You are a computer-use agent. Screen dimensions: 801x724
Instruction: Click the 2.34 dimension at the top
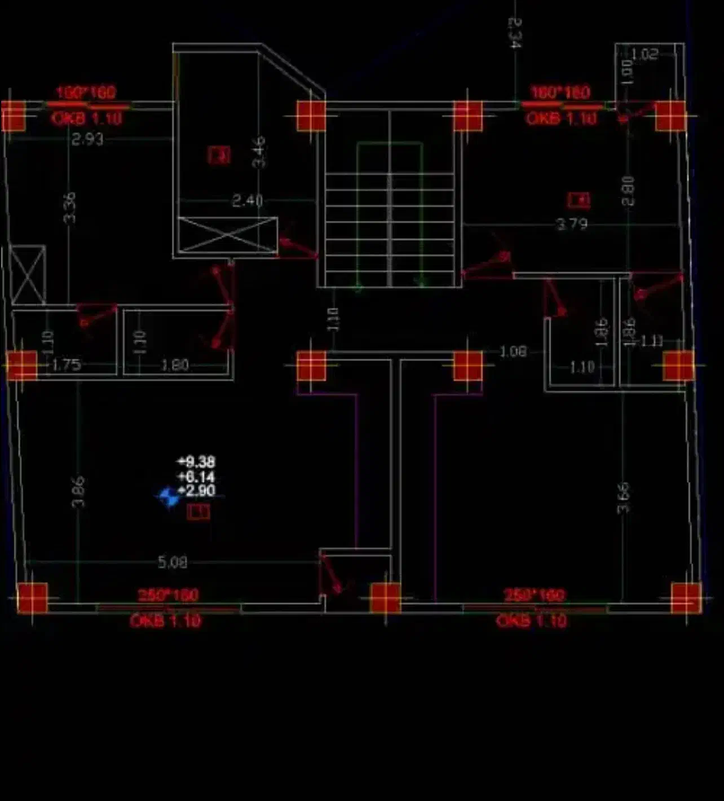click(x=514, y=32)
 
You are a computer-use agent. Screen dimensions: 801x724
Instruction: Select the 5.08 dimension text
click(x=172, y=562)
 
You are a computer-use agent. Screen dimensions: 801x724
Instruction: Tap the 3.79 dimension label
click(x=572, y=225)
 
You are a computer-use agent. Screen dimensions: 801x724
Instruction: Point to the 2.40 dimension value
click(x=248, y=201)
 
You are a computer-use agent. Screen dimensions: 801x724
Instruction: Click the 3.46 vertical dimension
click(x=259, y=152)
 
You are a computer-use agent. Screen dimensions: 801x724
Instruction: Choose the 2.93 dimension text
click(x=87, y=139)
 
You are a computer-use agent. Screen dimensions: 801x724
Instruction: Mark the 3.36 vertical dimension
click(x=69, y=208)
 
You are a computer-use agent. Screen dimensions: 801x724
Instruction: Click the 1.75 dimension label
click(x=67, y=365)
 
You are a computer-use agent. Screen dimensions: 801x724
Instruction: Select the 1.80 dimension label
click(x=174, y=366)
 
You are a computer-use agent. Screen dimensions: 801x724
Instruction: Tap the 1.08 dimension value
click(x=513, y=352)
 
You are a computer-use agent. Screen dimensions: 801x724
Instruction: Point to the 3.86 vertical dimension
click(x=78, y=491)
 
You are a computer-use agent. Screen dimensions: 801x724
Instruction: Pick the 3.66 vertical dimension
click(x=623, y=498)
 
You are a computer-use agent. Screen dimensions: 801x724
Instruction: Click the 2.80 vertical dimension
click(x=628, y=191)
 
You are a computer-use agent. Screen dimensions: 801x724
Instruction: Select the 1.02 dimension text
click(x=644, y=54)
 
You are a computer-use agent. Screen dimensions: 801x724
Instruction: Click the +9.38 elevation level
click(x=196, y=462)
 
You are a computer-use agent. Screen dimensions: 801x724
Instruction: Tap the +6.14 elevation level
click(x=196, y=477)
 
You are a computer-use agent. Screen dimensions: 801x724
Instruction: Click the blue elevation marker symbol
click(x=168, y=497)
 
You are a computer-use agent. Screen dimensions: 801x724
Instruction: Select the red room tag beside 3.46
click(x=219, y=155)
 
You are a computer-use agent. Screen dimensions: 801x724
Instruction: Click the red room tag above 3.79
click(x=579, y=200)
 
